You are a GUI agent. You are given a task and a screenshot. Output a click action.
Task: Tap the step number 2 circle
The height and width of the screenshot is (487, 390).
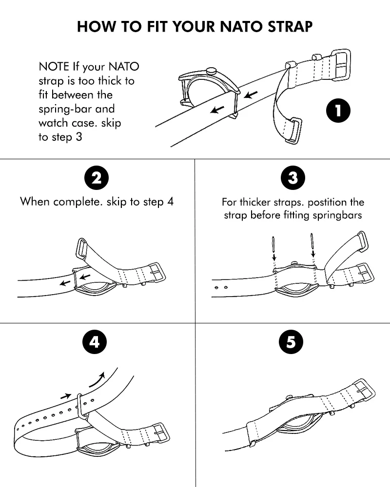[97, 178]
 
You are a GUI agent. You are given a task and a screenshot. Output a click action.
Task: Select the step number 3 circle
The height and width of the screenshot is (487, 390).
[292, 178]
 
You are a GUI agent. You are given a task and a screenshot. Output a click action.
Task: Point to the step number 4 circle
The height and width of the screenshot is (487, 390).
[94, 342]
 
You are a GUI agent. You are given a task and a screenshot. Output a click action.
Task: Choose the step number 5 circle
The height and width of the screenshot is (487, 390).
[291, 342]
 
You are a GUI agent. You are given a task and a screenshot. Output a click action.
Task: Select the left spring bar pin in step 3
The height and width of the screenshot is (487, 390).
[274, 243]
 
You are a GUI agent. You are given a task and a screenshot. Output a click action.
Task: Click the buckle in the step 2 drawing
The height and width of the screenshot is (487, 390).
[157, 273]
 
